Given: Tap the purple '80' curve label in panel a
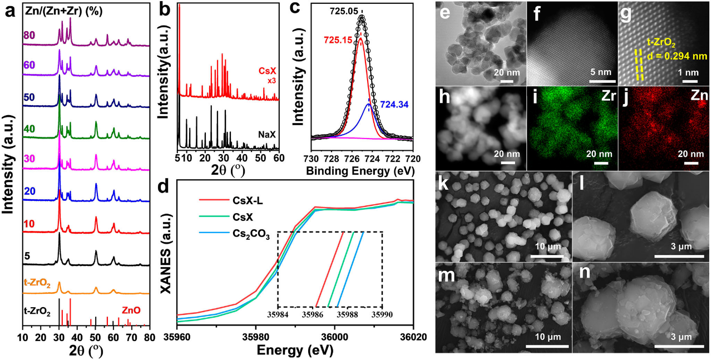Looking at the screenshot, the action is coord(29,35).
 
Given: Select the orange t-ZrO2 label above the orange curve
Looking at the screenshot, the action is coord(37,283).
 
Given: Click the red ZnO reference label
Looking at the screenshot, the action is coord(131,310).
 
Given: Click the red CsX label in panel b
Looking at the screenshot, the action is coord(267,71).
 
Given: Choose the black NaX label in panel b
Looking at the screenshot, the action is coord(267,135).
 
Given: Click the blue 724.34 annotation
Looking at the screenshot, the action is coord(394,104).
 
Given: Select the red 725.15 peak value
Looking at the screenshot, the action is coord(338,40).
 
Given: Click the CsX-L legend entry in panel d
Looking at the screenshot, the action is coord(248,201).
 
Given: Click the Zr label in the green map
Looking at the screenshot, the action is coord(609,96).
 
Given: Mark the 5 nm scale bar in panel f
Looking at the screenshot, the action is coord(601,81).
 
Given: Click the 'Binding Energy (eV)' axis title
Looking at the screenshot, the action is coord(360,171).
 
